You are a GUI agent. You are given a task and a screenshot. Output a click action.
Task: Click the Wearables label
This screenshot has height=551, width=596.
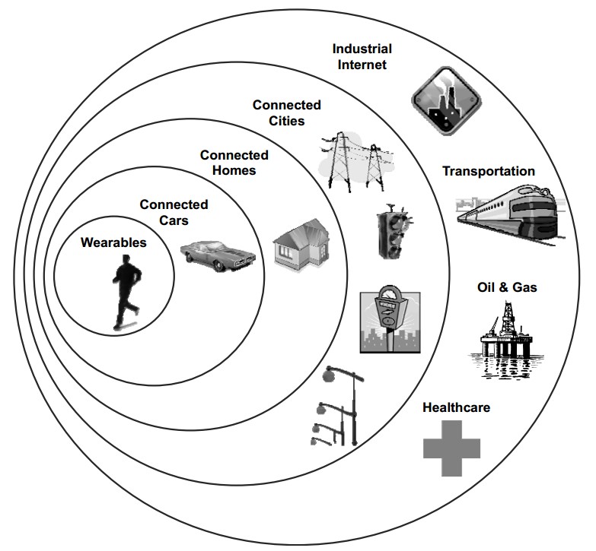tap(114, 242)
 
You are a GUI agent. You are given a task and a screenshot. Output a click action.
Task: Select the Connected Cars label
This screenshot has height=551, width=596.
tap(174, 212)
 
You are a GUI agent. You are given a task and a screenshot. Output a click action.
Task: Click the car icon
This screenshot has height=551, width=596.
tap(217, 252)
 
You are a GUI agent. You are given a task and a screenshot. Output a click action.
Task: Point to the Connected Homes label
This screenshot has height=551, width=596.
tap(234, 163)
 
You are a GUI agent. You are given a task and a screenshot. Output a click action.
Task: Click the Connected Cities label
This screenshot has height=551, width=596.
tap(286, 112)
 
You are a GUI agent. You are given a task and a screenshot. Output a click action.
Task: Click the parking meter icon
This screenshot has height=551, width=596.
tap(390, 318)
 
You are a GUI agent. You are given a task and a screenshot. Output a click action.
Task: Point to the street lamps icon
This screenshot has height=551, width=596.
tap(338, 407)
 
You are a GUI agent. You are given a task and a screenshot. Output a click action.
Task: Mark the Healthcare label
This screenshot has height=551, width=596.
tap(456, 407)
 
